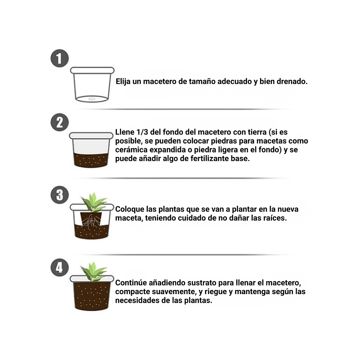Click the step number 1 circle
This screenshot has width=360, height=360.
(60, 58)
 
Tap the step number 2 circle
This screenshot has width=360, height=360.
(60, 122)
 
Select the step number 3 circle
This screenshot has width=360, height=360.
(60, 195)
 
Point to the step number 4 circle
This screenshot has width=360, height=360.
(60, 268)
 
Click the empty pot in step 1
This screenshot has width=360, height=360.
(92, 85)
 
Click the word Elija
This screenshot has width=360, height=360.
(124, 82)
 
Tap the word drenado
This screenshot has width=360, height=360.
(292, 82)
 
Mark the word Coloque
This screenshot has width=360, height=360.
(130, 209)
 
